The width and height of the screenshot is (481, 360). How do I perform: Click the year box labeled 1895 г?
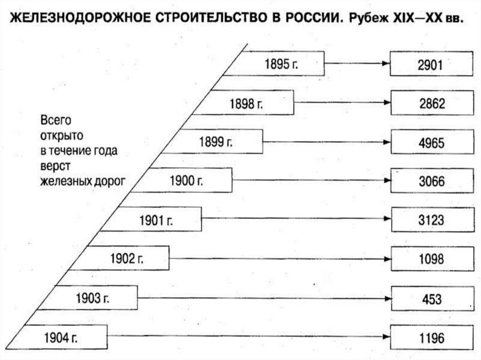click(282, 63)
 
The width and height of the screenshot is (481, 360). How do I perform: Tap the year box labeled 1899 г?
click(221, 141)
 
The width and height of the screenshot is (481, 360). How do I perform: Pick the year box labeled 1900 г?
click(188, 180)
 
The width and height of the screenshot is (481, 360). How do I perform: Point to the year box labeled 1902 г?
click(124, 258)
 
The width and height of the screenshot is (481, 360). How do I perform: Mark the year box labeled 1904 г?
click(61, 337)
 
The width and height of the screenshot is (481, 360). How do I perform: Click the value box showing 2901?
click(431, 63)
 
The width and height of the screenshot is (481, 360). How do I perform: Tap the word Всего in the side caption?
click(55, 121)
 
